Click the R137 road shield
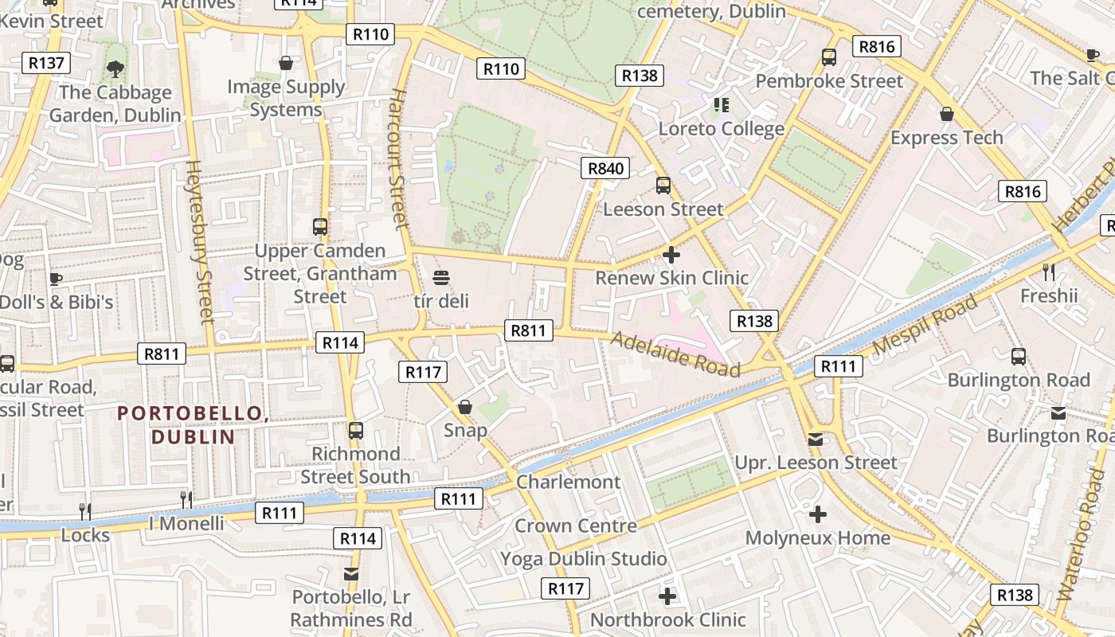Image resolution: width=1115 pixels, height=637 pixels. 48,63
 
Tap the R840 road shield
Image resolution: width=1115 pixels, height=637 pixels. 604,168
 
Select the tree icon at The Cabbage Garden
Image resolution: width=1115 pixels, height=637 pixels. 115,69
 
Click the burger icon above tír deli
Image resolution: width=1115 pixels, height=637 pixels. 441,278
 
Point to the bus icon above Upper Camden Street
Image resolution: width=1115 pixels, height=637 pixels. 320,227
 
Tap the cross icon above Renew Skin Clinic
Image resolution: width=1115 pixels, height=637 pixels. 671,255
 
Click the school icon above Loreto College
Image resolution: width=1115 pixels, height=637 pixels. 722,104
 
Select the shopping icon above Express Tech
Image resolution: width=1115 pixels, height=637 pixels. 947,114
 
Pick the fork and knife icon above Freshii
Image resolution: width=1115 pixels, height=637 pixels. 1049,272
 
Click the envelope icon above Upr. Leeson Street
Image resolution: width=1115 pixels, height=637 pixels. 816,440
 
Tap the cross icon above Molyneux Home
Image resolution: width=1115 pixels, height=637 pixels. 817,514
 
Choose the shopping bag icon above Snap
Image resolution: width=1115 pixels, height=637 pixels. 465,408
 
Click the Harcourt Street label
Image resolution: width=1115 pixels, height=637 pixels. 399,159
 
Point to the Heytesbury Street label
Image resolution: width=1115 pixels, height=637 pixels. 200,242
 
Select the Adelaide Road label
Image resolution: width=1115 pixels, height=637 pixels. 675,354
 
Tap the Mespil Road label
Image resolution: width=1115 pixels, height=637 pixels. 925,326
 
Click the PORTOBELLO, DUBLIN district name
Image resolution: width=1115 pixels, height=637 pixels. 192,424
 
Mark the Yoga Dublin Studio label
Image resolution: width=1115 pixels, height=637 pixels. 583,559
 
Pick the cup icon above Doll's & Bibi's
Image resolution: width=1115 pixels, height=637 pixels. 55,279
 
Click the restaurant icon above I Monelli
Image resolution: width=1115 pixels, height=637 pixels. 186,499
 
